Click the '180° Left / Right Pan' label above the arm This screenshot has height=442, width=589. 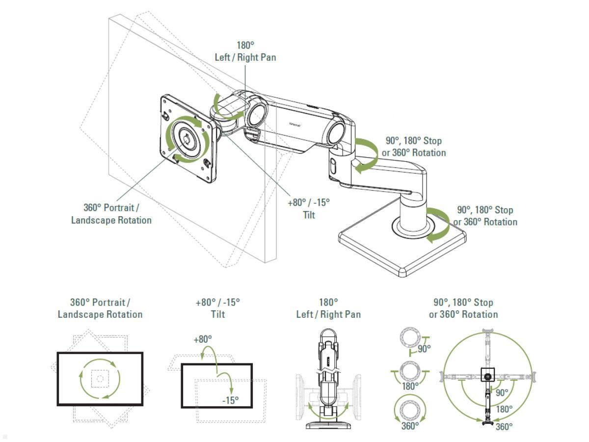[245, 52]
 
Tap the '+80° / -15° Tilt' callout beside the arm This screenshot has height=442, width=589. [308, 208]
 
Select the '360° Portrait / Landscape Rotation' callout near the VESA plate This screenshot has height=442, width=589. [111, 214]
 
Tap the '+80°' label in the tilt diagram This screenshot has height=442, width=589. [202, 339]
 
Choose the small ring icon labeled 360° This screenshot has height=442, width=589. [409, 409]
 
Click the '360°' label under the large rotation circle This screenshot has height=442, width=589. [504, 426]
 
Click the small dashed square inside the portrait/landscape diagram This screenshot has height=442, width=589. [100, 378]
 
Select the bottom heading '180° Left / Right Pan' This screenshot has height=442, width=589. [328, 308]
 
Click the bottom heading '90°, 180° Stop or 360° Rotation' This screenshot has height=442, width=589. [463, 308]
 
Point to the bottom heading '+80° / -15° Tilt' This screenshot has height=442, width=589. [217, 308]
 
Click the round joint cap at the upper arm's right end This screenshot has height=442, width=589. [340, 132]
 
